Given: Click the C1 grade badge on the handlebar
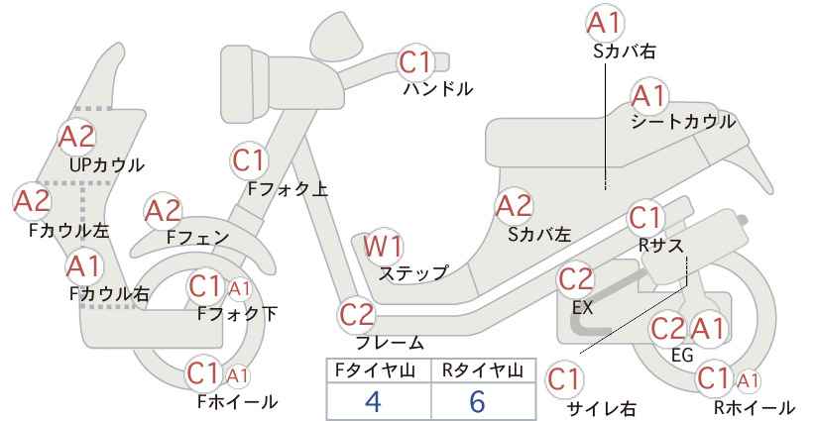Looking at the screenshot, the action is click(416, 61).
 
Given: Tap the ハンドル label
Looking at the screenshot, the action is click(438, 89).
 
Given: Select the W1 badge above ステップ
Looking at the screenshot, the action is click(383, 246).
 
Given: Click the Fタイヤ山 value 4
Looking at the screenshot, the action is click(373, 401).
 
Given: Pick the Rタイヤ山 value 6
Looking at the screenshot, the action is click(477, 401).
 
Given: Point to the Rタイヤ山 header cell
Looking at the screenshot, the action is click(483, 370).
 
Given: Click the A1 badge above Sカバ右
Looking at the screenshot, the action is click(605, 24).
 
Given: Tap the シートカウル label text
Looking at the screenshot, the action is click(683, 122).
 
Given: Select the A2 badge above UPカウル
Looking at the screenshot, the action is click(77, 137).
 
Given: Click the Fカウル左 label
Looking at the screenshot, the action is click(68, 231).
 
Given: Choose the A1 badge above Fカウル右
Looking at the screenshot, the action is click(83, 266).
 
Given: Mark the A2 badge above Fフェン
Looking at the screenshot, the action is click(163, 211).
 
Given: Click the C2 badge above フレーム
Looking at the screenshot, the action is click(357, 315).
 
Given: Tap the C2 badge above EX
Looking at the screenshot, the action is click(575, 279).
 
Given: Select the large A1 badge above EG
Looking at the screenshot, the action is click(708, 329).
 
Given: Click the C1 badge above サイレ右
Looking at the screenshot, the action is click(564, 380).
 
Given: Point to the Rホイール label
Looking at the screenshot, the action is click(754, 408).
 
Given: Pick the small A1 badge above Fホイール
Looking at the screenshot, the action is click(238, 375).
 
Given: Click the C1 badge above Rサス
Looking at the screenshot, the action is click(645, 219).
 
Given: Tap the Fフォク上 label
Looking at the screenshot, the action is click(288, 189).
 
